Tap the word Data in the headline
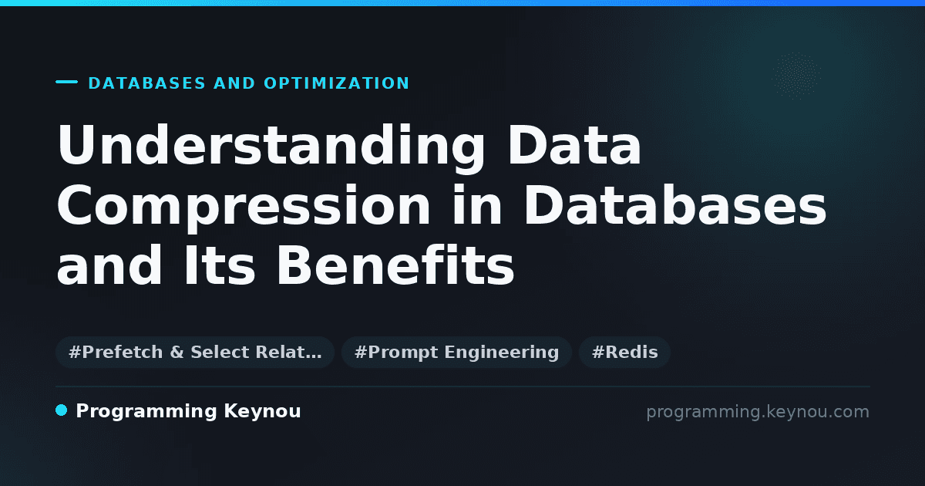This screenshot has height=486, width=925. tap(574, 144)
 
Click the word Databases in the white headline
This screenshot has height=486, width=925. tap(675, 204)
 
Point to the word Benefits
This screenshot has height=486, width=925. tap(395, 265)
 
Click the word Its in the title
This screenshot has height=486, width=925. tap(220, 265)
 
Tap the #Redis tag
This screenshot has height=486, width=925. tap(624, 352)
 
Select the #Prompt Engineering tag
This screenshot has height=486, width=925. tap(456, 352)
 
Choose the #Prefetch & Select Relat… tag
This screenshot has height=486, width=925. tap(195, 352)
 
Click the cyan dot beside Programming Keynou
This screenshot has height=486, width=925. tap(61, 410)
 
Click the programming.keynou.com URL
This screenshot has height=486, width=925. tap(758, 412)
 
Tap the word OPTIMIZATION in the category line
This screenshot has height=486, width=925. tap(337, 83)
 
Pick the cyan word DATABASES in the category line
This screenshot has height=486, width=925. tap(147, 83)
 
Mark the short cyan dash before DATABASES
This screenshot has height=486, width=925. tap(66, 82)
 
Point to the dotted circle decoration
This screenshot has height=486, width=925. tap(796, 76)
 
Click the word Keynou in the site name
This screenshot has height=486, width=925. tap(262, 412)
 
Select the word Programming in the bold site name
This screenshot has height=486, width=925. tap(146, 412)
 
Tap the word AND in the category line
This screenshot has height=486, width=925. tap(234, 83)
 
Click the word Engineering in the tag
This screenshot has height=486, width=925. tap(502, 353)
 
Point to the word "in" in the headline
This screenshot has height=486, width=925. tap(477, 204)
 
